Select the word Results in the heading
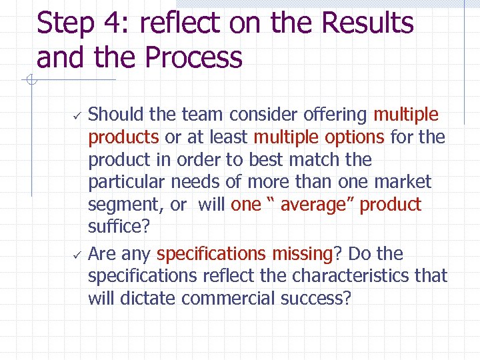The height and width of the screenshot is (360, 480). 368,23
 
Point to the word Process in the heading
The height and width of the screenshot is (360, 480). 193,58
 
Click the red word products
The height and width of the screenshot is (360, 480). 123,137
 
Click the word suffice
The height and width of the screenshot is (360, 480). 119,227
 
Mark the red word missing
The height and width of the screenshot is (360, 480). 301,254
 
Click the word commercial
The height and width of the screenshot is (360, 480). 226,298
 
